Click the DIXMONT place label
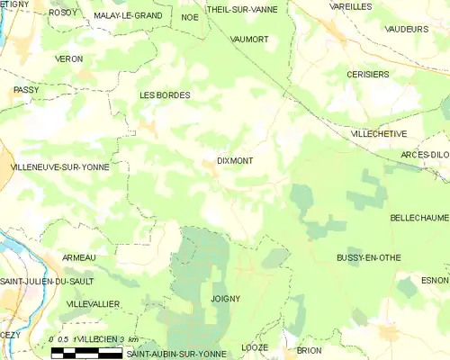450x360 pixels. pos(235,161)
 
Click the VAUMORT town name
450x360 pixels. pos(249,40)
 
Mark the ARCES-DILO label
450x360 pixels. pos(425,155)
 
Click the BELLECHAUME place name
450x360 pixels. pos(419,218)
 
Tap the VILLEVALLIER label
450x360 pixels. pos(93,304)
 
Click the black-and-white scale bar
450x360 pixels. pos(86,352)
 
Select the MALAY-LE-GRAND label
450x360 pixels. pos(128,16)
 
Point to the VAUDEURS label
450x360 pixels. pos(407,29)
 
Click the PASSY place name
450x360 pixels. pos(26,91)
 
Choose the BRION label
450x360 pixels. pos(309,350)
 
